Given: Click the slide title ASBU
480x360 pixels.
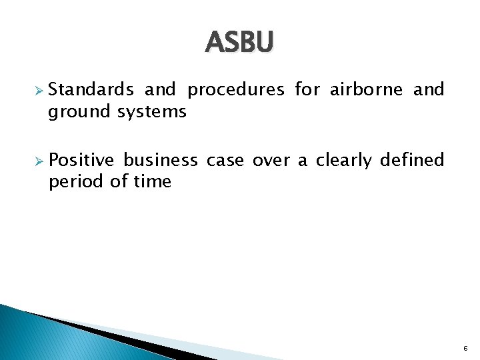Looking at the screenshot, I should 239,43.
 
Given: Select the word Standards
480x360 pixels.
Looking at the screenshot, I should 91,89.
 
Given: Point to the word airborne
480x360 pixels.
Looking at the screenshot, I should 366,89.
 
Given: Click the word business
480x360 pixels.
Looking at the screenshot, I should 160,160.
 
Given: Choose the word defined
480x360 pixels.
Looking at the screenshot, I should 412,160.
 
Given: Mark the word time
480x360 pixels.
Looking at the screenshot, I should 151,181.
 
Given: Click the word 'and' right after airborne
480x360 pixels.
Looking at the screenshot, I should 429,89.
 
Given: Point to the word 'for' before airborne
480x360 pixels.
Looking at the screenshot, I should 307,89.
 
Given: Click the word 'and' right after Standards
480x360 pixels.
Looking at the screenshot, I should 160,89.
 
